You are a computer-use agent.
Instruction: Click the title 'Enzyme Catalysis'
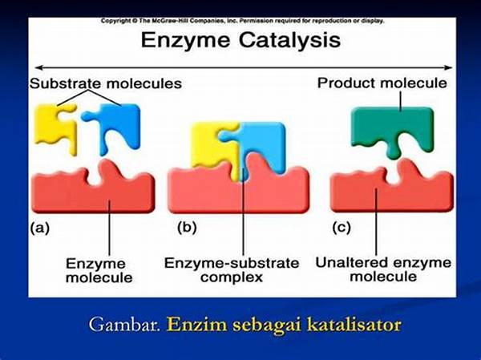[x=240, y=41]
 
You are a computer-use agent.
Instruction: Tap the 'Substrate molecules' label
[x=106, y=83]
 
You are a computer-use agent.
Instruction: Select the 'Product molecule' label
[x=382, y=83]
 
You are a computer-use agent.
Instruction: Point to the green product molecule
[x=393, y=129]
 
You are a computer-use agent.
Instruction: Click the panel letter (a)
[x=39, y=229]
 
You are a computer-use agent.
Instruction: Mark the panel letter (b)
[x=187, y=228]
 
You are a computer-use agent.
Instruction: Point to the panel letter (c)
[x=342, y=228]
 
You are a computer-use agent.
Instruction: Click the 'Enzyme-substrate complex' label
[x=232, y=270]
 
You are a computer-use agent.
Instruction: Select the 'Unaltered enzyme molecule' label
[x=383, y=269]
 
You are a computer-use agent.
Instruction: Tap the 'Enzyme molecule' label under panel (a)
[x=99, y=271]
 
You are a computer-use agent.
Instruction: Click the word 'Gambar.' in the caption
[x=124, y=325]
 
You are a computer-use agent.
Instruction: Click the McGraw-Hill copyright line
[x=242, y=21]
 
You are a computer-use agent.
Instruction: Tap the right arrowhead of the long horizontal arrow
[x=449, y=67]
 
